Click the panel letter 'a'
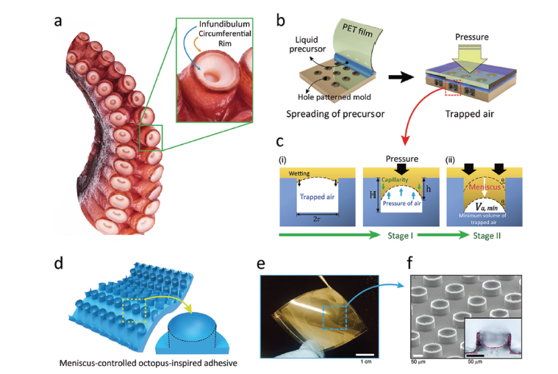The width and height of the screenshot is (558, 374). (58, 21)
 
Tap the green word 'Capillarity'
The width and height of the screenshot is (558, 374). (397, 176)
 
